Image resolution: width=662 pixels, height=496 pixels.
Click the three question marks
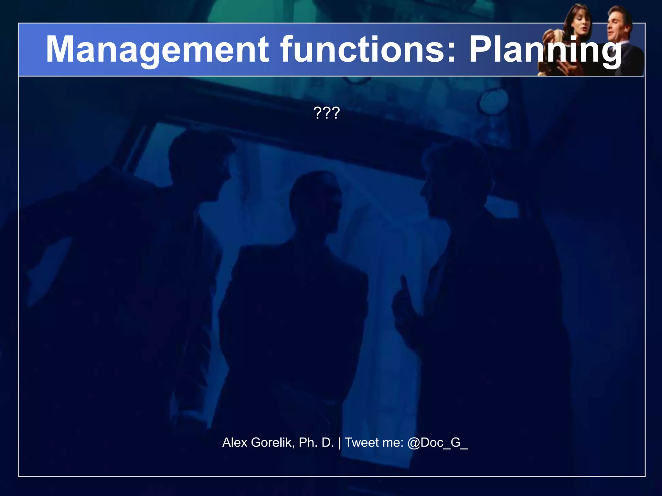click(326, 113)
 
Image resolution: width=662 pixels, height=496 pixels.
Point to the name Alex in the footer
click(235, 442)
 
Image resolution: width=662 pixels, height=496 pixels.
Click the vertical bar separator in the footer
click(339, 442)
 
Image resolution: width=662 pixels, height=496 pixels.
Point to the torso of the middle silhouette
click(297, 307)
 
